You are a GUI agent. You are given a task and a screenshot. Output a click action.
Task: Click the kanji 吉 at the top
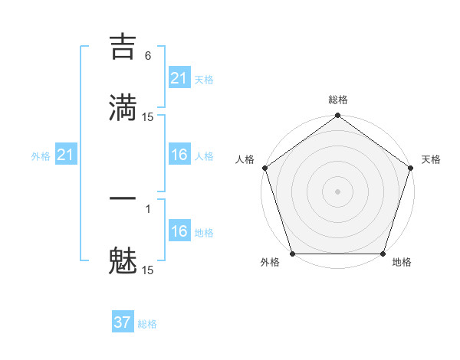tap(123, 47)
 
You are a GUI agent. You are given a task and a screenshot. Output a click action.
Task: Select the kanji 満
tap(123, 107)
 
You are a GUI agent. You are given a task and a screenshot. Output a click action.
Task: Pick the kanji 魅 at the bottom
tap(123, 261)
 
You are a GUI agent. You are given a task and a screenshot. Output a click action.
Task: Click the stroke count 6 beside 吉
tap(148, 56)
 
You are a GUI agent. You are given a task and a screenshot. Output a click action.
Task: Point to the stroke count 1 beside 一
tap(148, 208)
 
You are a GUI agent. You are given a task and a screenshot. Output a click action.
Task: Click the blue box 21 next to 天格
tap(179, 78)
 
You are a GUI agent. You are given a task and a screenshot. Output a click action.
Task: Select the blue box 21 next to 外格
tap(65, 155)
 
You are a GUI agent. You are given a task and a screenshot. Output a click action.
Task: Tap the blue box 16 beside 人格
tap(179, 155)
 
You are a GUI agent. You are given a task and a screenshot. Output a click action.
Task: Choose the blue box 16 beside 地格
tap(179, 231)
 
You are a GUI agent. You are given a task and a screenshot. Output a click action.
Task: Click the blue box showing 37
tap(122, 322)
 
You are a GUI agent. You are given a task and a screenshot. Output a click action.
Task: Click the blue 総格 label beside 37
tap(147, 324)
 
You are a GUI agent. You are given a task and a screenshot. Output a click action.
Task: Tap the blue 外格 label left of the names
tap(41, 156)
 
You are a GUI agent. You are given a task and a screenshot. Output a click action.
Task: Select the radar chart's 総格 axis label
tap(338, 100)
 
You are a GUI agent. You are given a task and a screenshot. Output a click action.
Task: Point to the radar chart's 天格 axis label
tap(431, 159)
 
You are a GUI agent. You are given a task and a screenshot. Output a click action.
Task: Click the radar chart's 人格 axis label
tap(245, 159)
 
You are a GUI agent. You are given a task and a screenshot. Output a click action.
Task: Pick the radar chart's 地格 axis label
tap(402, 263)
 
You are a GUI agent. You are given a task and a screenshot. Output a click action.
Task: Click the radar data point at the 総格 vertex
tap(337, 116)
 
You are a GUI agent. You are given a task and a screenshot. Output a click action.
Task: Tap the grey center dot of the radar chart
tap(337, 191)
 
